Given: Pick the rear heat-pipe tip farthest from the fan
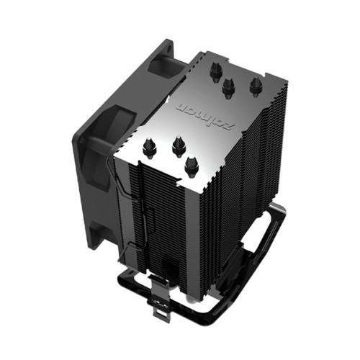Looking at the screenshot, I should click(255, 87).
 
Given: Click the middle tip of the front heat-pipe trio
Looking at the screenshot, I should click(176, 148).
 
